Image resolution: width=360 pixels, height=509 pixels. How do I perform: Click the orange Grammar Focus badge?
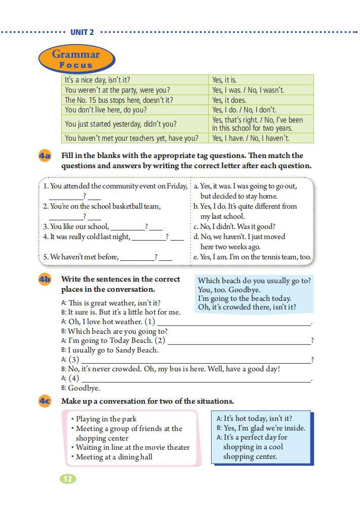[x=76, y=59]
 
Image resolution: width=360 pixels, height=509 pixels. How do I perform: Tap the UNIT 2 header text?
[x=82, y=32]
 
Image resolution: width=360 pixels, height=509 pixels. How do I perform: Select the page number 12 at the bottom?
[x=68, y=479]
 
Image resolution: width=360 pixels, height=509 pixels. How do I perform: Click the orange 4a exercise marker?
[x=45, y=156]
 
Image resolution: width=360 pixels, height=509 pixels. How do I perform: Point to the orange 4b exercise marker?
[x=45, y=280]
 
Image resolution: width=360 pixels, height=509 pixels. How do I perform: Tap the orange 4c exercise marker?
[x=45, y=401]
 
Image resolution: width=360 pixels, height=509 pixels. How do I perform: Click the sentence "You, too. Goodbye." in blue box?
[x=229, y=290]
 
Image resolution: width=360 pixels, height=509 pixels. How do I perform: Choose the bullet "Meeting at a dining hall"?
[x=114, y=457]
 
